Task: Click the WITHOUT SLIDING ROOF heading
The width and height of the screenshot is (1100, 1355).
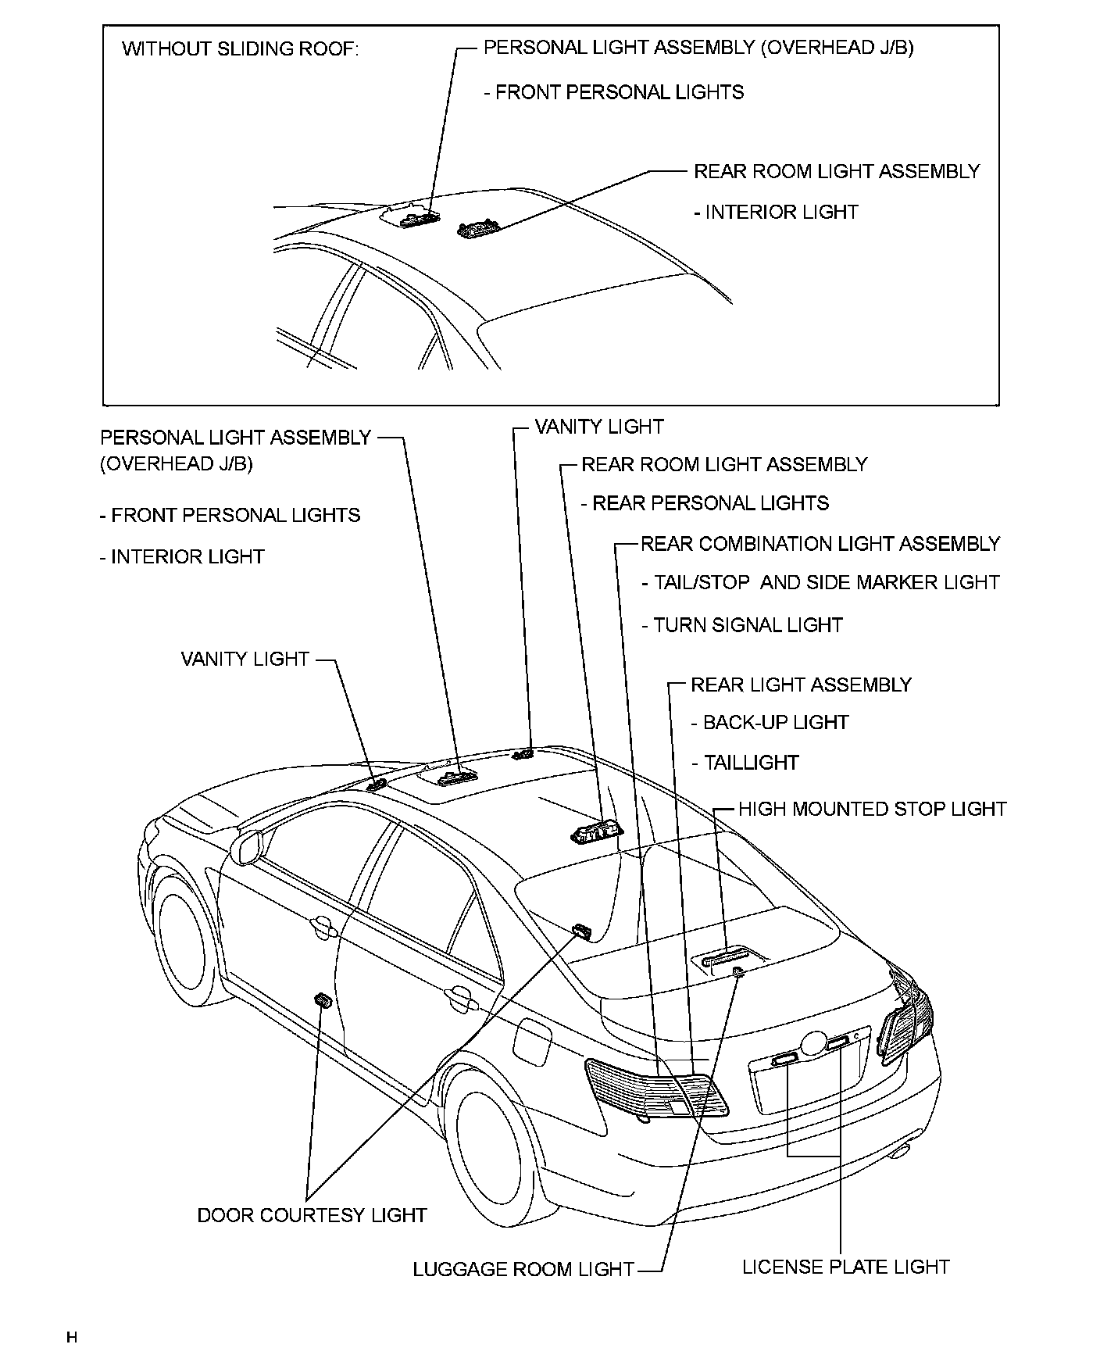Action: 241,49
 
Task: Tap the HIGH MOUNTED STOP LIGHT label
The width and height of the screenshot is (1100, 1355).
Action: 872,809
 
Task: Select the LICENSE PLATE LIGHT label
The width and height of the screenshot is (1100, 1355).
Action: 845,1267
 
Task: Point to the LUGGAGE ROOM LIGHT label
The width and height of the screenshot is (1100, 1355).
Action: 523,1270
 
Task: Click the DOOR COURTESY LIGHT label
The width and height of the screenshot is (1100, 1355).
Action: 312,1215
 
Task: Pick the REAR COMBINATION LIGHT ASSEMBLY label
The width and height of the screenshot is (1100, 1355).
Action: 820,544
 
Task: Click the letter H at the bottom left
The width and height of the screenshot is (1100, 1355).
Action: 72,1338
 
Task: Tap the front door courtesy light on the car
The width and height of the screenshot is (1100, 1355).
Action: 321,1000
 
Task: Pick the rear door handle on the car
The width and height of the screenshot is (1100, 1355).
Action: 460,998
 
